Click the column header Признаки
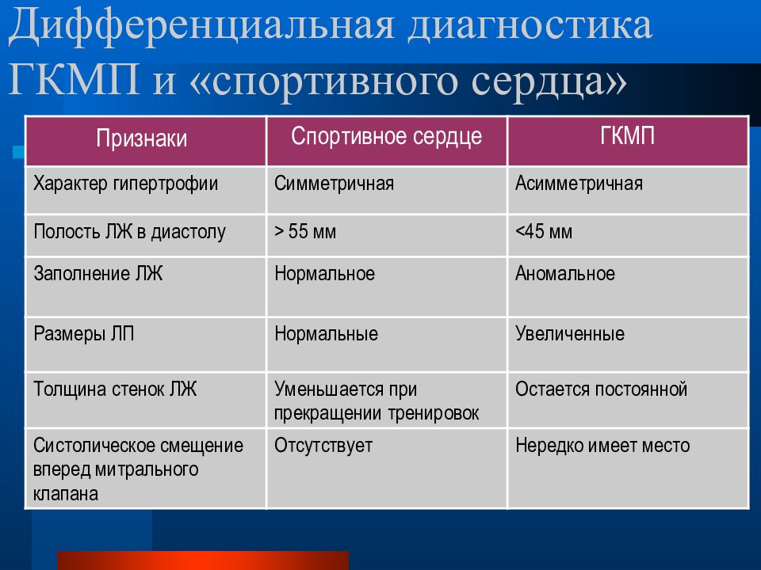[142, 139]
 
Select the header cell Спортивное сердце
[386, 136]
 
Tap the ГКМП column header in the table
[628, 135]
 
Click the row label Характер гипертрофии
[126, 184]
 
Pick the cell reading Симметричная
[334, 184]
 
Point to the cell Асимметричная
[579, 184]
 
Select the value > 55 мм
[305, 231]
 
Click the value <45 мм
[544, 231]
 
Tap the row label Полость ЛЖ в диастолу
[129, 232]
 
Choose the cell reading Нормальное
[325, 274]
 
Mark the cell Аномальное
[565, 274]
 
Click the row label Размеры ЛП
[83, 334]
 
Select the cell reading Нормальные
[326, 334]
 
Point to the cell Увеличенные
[570, 334]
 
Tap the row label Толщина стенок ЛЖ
[115, 389]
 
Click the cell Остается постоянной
[602, 389]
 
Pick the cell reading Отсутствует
[323, 446]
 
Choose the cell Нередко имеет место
[602, 446]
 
